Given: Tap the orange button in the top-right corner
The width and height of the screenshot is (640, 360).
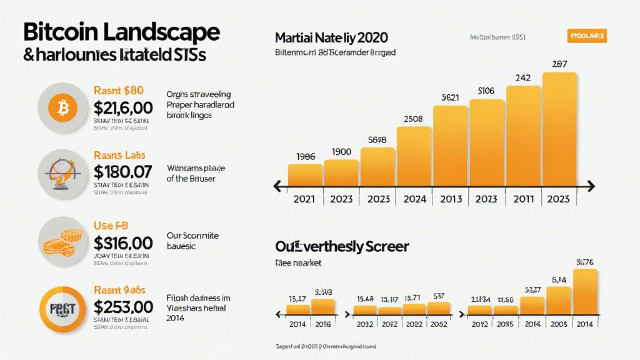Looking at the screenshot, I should pyautogui.click(x=587, y=37).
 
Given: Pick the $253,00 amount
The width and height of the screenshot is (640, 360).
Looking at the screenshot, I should pyautogui.click(x=122, y=307).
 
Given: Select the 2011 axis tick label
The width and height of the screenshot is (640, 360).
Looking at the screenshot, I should pyautogui.click(x=523, y=199).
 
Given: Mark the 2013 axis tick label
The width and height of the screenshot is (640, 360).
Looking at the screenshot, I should pyautogui.click(x=450, y=199).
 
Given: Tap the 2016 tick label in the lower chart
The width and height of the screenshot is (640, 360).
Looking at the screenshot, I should pyautogui.click(x=323, y=324).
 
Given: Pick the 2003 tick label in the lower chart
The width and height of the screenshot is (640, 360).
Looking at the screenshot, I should pyautogui.click(x=559, y=324).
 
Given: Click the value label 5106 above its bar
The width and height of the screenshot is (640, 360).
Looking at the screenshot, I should pyautogui.click(x=486, y=91).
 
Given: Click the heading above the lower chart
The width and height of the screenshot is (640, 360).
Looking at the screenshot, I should pyautogui.click(x=342, y=246).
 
